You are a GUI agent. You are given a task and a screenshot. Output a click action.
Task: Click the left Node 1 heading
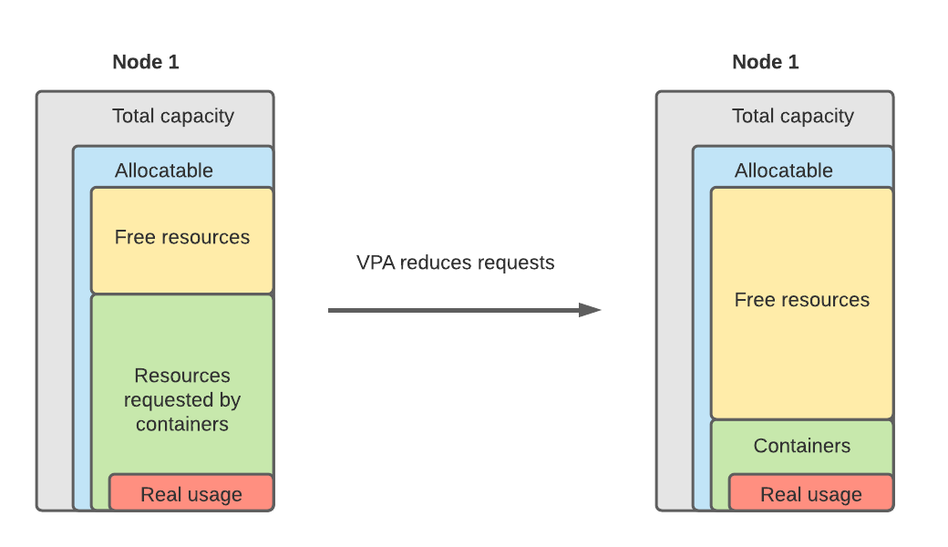pos(146,62)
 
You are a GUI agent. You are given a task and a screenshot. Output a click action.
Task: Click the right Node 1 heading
pos(766,62)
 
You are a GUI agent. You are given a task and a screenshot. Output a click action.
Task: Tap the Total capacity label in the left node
pos(173,116)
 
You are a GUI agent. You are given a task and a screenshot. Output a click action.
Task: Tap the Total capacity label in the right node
pos(793,116)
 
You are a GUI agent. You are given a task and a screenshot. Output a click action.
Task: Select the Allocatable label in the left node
pos(164,170)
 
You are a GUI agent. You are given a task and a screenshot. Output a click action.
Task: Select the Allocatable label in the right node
pos(784,170)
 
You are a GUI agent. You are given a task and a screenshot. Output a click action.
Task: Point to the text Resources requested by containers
pos(182,399)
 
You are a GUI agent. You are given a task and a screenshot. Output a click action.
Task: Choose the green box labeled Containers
pos(802,445)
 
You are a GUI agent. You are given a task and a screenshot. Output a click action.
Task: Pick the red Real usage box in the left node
pos(191,493)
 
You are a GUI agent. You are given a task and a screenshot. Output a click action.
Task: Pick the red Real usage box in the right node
pos(811,493)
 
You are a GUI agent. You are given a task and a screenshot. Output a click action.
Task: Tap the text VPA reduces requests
pos(455,263)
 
